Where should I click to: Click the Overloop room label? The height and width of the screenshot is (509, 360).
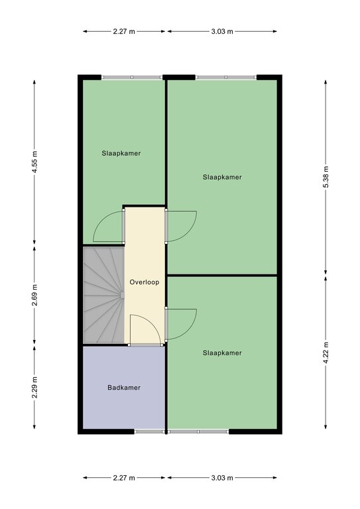(x=145, y=282)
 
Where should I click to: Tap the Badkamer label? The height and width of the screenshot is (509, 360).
(x=124, y=388)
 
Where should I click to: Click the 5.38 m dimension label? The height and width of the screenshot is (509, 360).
(x=326, y=177)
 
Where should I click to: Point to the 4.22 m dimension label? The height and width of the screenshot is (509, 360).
(x=326, y=353)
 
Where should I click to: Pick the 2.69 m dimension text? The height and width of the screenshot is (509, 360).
(x=34, y=295)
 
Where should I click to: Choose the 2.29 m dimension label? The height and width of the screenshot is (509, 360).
(x=34, y=387)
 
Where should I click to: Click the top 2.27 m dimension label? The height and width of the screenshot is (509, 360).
(x=124, y=32)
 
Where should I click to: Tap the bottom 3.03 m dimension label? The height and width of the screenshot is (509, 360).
(x=222, y=478)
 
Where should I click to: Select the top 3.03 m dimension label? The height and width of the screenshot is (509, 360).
(x=222, y=32)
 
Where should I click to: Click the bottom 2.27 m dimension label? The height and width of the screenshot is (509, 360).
(x=124, y=478)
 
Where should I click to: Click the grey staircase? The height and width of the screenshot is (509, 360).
(x=104, y=295)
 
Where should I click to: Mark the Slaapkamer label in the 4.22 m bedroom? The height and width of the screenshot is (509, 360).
(x=222, y=353)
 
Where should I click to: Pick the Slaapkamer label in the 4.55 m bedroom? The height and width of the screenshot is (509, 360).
(x=121, y=153)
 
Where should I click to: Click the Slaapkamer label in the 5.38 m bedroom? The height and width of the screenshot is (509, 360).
(x=222, y=177)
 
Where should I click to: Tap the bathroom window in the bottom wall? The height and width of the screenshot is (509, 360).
(x=150, y=431)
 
